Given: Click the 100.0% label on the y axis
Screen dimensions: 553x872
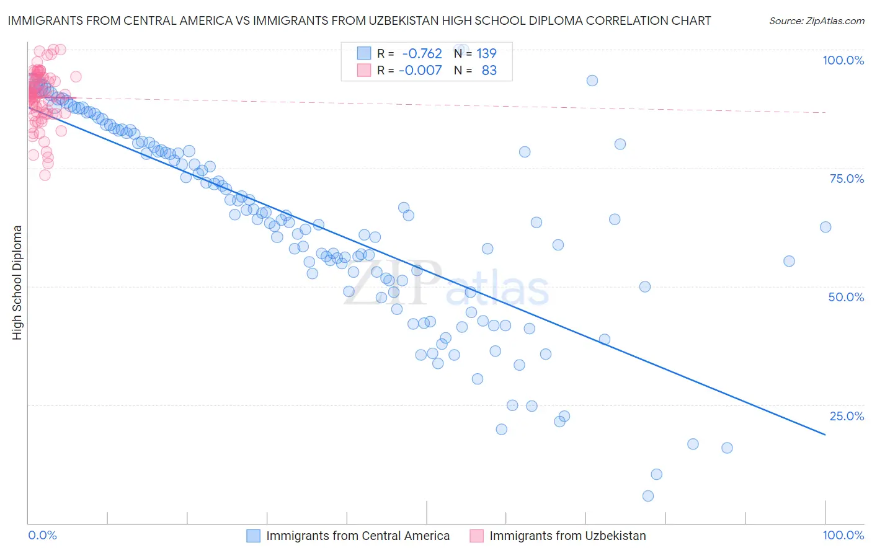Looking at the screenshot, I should pyautogui.click(x=843, y=60).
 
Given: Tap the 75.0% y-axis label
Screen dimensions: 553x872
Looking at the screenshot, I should pyautogui.click(x=847, y=179).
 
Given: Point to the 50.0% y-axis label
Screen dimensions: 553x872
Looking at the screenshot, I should pyautogui.click(x=846, y=297).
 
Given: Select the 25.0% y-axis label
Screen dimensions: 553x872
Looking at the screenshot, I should pyautogui.click(x=847, y=416).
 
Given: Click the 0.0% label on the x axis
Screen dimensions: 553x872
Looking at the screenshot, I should pyautogui.click(x=42, y=535).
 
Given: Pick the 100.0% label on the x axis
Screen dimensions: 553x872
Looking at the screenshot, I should pyautogui.click(x=843, y=535).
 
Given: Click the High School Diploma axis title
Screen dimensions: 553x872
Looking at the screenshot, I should pyautogui.click(x=17, y=282).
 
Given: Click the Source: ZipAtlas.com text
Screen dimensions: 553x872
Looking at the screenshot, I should pyautogui.click(x=816, y=21).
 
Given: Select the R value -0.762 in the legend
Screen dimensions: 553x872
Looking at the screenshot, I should pyautogui.click(x=422, y=53).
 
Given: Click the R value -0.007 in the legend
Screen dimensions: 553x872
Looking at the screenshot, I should pyautogui.click(x=420, y=70).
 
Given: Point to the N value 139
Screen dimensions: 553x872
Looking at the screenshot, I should pyautogui.click(x=486, y=53).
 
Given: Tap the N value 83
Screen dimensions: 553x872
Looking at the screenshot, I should pyautogui.click(x=489, y=70).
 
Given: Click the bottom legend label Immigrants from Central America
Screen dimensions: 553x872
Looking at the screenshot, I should pyautogui.click(x=358, y=536).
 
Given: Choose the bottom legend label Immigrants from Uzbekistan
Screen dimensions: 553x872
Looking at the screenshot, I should pyautogui.click(x=567, y=536).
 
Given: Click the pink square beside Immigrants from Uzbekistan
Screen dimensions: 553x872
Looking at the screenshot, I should pyautogui.click(x=476, y=536).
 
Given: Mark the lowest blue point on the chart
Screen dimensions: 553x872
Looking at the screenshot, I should pyautogui.click(x=648, y=496).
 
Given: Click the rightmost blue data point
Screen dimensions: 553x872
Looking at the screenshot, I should pyautogui.click(x=825, y=227).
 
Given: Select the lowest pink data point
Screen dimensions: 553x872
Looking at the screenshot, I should pyautogui.click(x=45, y=175).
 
